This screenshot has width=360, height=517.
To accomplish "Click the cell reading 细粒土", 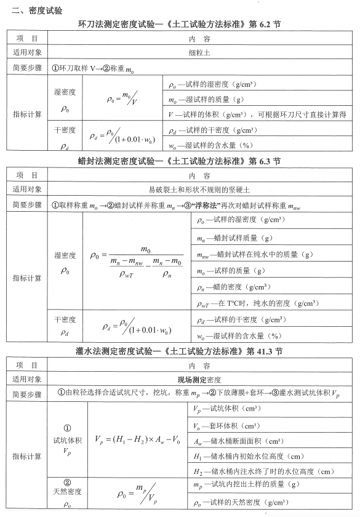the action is (199, 53).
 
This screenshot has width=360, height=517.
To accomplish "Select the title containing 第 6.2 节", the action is (179, 25).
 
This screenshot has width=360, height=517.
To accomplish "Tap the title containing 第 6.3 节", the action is (179, 161).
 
